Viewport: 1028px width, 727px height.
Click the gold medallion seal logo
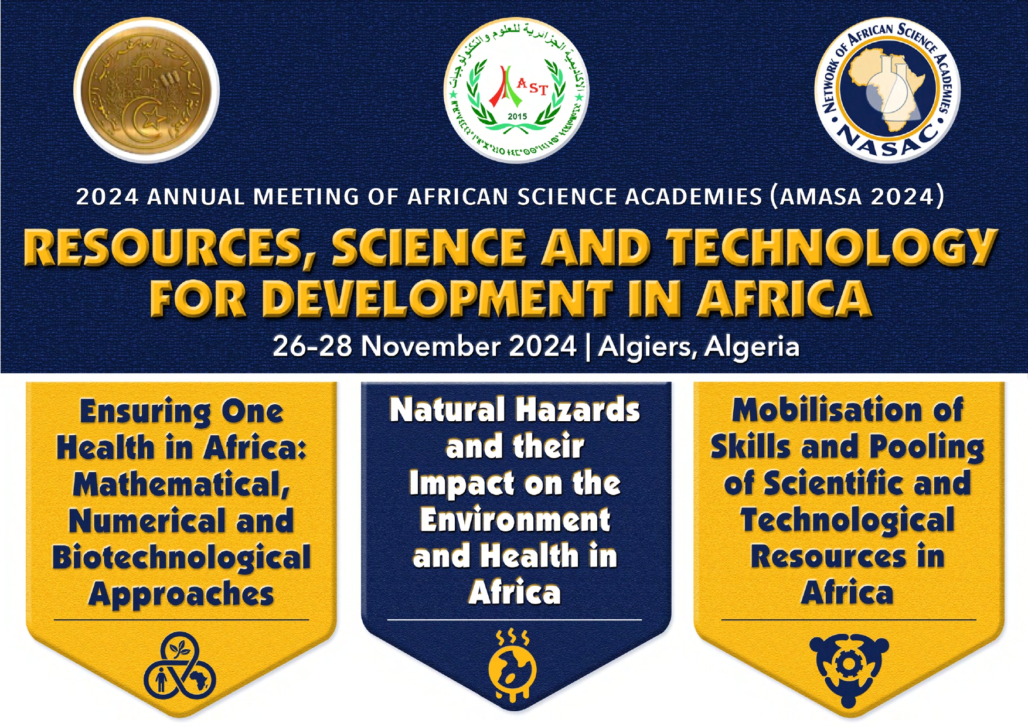(x=147, y=90)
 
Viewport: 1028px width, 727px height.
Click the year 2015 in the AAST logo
(x=517, y=117)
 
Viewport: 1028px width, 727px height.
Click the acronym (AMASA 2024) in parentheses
(x=857, y=196)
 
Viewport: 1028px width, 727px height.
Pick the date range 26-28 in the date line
(x=312, y=346)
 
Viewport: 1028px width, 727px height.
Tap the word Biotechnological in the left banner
(x=182, y=557)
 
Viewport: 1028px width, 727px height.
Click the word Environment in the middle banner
(x=515, y=520)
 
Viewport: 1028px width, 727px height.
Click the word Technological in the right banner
(x=847, y=520)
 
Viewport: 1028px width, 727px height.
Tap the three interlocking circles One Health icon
(x=180, y=667)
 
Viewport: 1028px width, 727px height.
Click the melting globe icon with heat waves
(x=512, y=668)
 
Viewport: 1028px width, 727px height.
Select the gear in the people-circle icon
(x=848, y=664)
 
